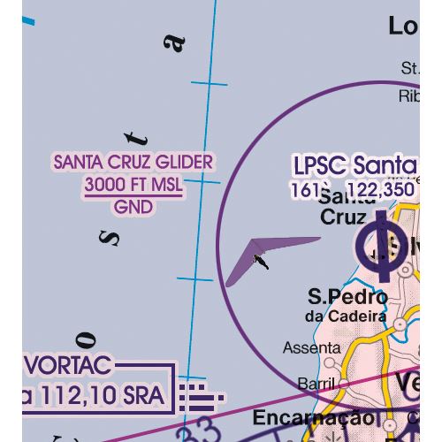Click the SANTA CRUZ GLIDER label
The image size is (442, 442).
pos(133,163)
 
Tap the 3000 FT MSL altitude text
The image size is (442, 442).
pos(133,186)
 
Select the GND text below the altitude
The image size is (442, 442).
pos(133,208)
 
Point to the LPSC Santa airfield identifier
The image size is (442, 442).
pos(354,165)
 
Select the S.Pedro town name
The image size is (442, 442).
pos(347,296)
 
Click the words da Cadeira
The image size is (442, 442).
pos(346,316)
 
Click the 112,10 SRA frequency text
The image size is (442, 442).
pos(88,399)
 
